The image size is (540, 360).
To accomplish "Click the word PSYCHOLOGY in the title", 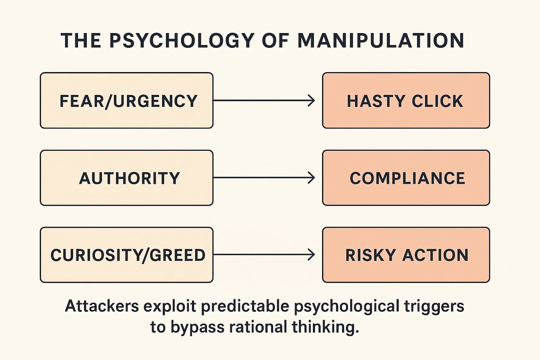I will pos(181,40).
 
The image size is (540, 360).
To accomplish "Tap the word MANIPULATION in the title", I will pos(381,40).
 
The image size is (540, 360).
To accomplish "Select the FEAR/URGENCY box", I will pos(127,101).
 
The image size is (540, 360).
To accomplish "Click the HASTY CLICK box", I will pos(406,101).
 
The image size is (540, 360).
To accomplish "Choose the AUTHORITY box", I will pos(127,178).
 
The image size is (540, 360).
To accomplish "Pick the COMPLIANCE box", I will pos(406,178).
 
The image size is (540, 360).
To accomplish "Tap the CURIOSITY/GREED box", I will pos(127,255).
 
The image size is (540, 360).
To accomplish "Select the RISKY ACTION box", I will pos(406,255).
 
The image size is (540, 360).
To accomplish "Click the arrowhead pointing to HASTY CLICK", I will pos(312,101).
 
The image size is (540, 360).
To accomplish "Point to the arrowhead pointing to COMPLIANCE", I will pos(312,178).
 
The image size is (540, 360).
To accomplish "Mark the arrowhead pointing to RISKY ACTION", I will pos(312,255).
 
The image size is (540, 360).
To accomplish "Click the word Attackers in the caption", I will pos(102,306).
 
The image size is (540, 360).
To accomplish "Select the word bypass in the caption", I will pos(198,327).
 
